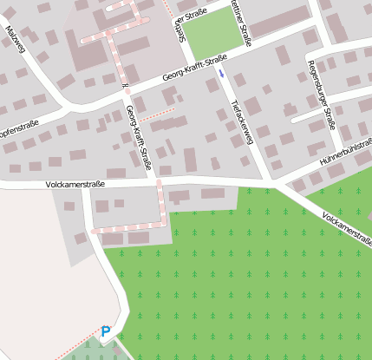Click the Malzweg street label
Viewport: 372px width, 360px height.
tap(15, 40)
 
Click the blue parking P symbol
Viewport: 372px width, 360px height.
tap(106, 331)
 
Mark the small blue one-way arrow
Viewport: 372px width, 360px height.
tap(221, 74)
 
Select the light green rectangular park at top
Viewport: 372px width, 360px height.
tap(212, 33)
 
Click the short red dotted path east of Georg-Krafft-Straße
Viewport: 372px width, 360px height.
tap(157, 114)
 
